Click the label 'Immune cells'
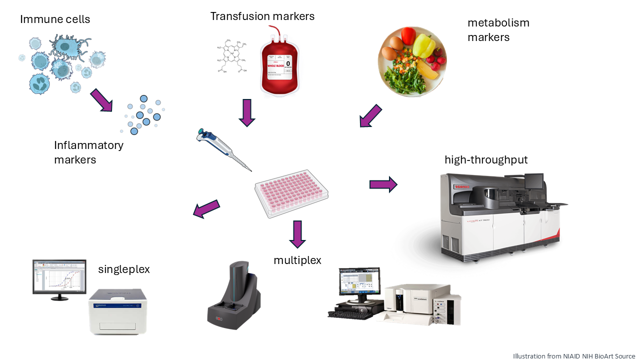coord(55,20)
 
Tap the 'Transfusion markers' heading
coord(262,16)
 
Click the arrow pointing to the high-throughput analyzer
coord(383,184)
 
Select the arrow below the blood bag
coord(247,112)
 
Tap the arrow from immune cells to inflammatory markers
coord(101,100)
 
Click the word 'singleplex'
coord(124,269)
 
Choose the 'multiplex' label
coord(297,260)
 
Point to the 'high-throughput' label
coord(486,160)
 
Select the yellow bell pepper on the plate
coord(425,45)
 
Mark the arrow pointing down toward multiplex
coord(297,233)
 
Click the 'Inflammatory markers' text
coord(88,152)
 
